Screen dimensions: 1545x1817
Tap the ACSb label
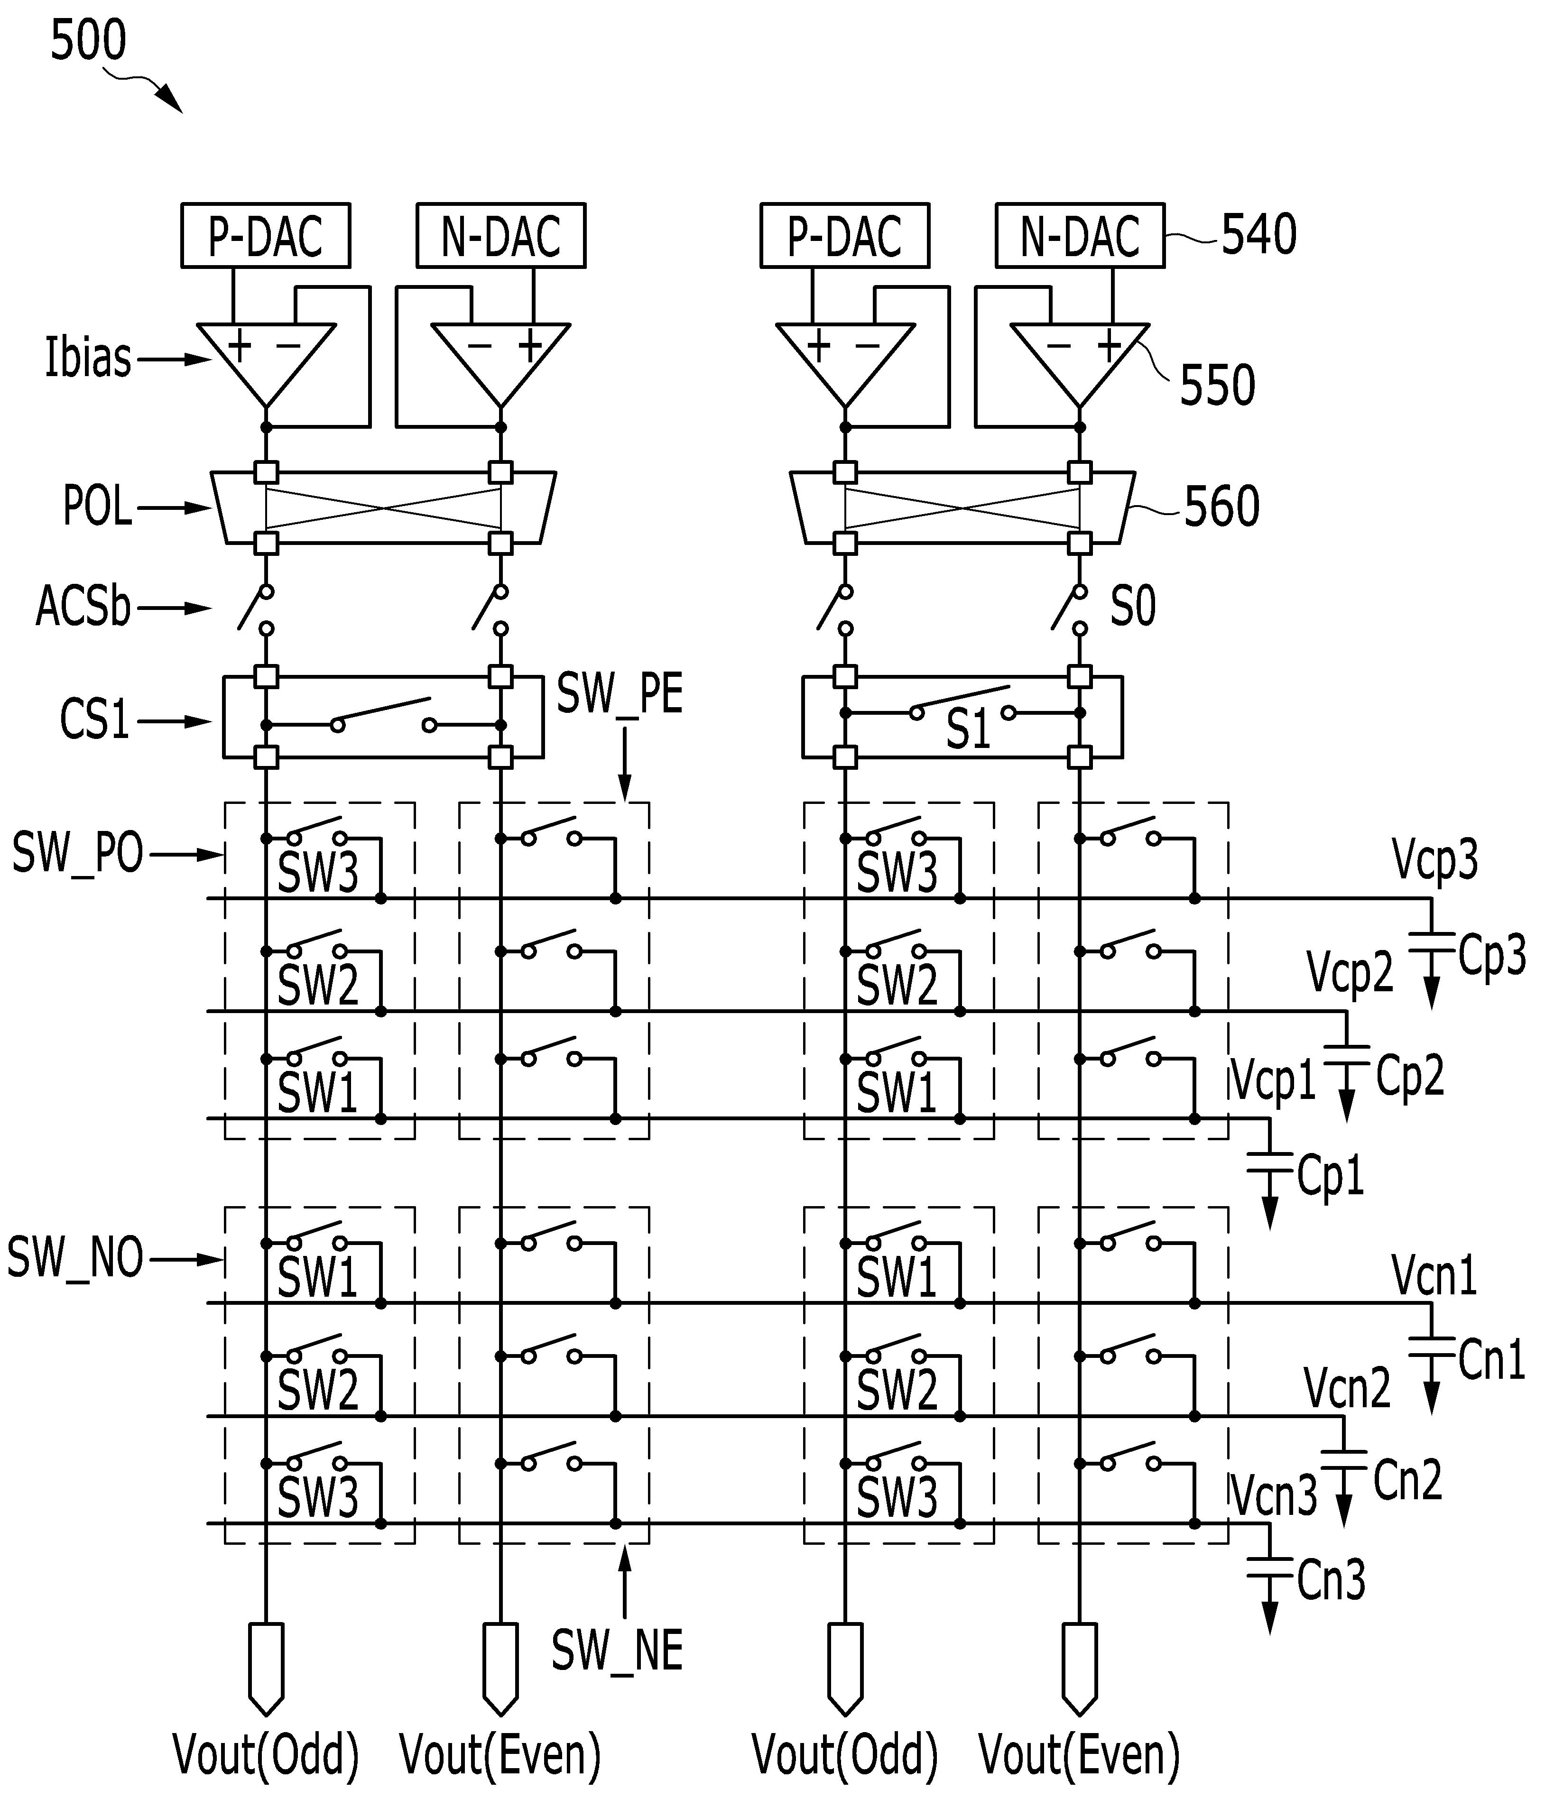click(83, 606)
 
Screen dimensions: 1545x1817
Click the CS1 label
click(94, 720)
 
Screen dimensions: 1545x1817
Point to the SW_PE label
click(620, 696)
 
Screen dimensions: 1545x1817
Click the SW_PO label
click(78, 853)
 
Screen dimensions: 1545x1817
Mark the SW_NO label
click(75, 1258)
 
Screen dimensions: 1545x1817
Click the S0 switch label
click(1133, 606)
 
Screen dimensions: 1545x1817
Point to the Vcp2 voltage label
click(1350, 972)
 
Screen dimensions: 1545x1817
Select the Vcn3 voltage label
click(1274, 1496)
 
